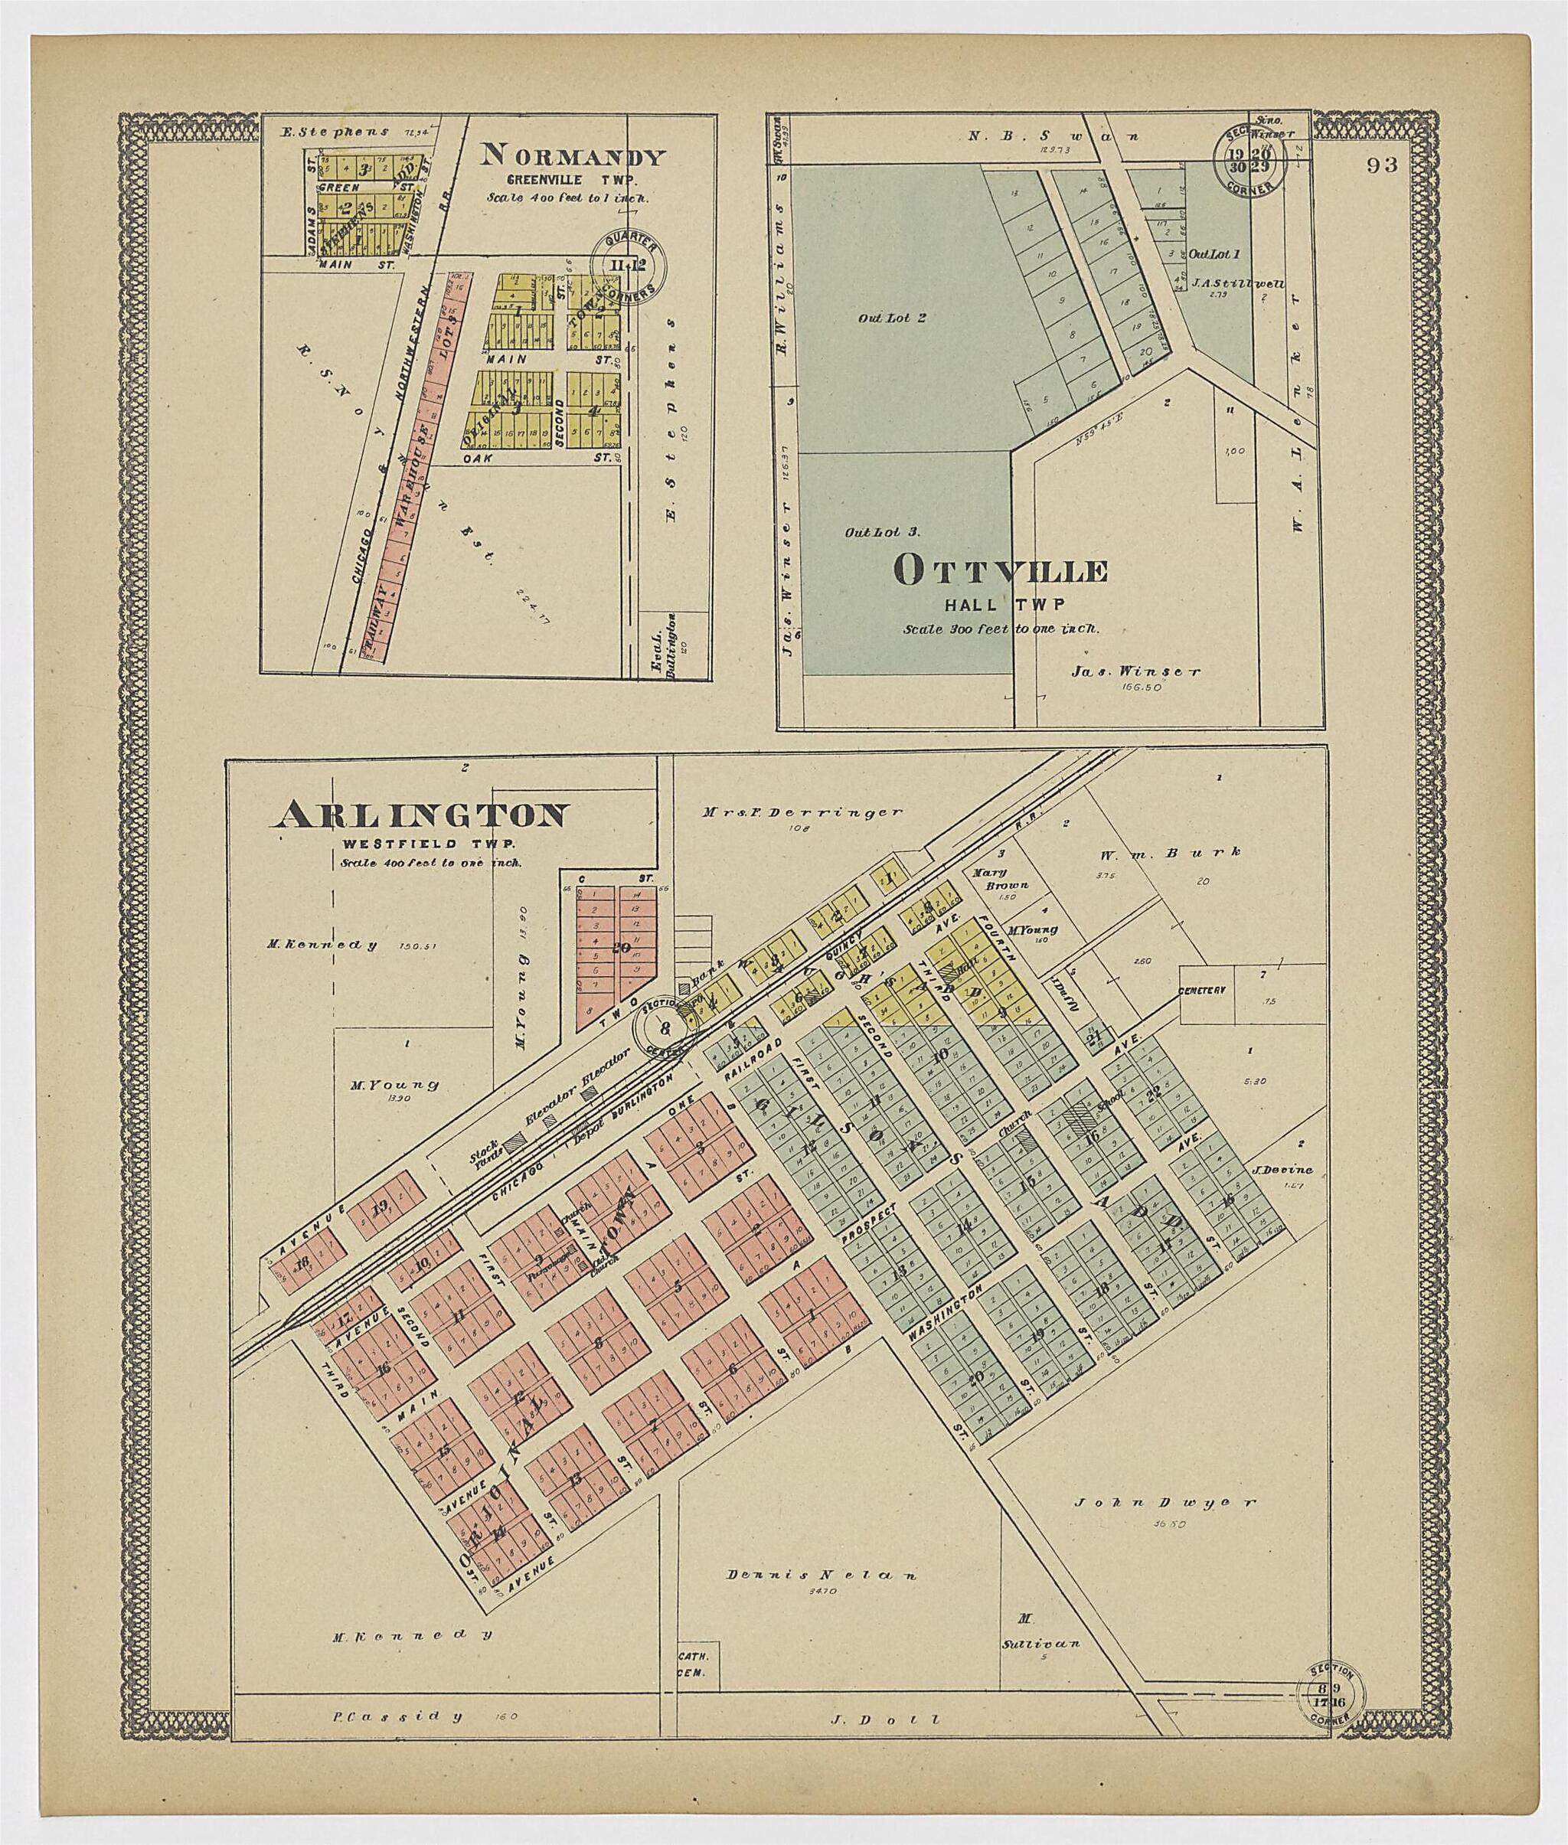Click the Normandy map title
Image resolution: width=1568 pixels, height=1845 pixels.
[x=573, y=157]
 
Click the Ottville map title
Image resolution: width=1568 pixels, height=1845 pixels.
[x=1001, y=571]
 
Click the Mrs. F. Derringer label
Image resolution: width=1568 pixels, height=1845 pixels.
[x=801, y=811]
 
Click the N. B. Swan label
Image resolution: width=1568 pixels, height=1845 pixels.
[x=1053, y=137]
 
